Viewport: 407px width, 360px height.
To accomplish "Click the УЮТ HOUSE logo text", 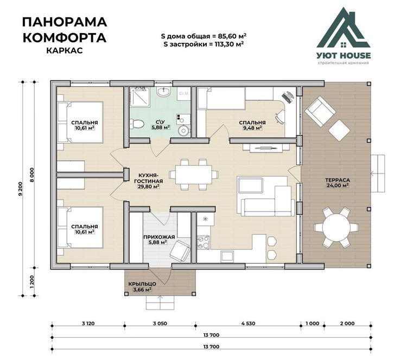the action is pyautogui.click(x=344, y=55).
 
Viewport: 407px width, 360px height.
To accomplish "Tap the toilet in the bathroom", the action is pyautogui.click(x=137, y=124).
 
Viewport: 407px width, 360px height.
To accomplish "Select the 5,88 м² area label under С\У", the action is pyautogui.click(x=161, y=127).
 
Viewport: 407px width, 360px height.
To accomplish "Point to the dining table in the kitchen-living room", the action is pyautogui.click(x=194, y=175).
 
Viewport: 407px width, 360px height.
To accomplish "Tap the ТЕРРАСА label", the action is pyautogui.click(x=338, y=180).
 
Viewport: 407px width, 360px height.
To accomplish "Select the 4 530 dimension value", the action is pyautogui.click(x=248, y=324).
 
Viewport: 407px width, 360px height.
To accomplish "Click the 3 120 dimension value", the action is pyautogui.click(x=88, y=324).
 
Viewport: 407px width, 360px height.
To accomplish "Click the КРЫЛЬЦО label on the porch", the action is pyautogui.click(x=142, y=284).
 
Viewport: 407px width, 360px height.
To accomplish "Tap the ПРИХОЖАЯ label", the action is pyautogui.click(x=159, y=237).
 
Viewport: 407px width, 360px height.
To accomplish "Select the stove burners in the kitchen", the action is pyautogui.click(x=203, y=242).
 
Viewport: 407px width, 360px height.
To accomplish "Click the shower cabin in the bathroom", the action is pyautogui.click(x=140, y=97).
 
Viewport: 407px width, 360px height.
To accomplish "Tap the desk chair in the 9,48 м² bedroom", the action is pyautogui.click(x=280, y=116).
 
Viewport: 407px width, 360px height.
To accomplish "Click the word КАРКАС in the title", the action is pyautogui.click(x=65, y=50).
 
